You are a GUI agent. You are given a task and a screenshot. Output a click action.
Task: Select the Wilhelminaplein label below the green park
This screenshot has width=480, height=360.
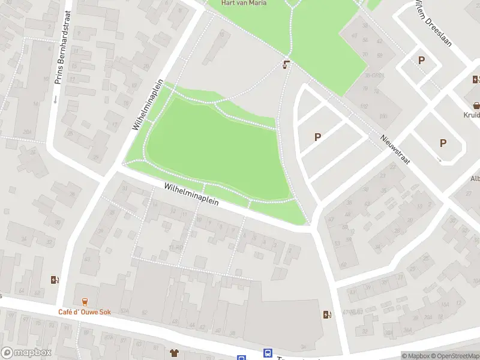tap(191, 196)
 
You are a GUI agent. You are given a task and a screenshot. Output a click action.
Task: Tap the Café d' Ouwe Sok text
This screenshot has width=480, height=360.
tap(84, 312)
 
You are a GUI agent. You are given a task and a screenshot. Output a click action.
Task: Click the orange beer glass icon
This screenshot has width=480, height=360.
tap(84, 301)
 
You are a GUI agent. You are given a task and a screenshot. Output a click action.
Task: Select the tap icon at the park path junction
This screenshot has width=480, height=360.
tap(287, 64)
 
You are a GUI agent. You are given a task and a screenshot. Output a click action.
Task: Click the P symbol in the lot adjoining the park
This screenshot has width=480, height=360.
tap(317, 137)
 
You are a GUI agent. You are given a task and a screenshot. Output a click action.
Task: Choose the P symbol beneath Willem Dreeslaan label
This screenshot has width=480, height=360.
tap(421, 60)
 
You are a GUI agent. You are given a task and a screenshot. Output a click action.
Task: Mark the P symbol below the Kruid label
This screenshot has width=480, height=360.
tap(443, 143)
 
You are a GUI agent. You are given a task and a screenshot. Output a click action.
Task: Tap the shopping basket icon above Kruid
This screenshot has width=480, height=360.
tap(476, 104)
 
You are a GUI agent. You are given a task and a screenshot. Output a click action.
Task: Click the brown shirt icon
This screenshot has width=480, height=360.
tap(175, 352)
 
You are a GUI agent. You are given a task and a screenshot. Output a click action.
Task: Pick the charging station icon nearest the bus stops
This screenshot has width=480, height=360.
tap(326, 314)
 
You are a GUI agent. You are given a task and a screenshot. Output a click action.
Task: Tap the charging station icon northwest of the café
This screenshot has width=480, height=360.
tap(55, 279)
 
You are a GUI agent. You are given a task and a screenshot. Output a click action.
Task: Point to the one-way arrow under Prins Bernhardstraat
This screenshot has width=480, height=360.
tap(55, 100)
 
